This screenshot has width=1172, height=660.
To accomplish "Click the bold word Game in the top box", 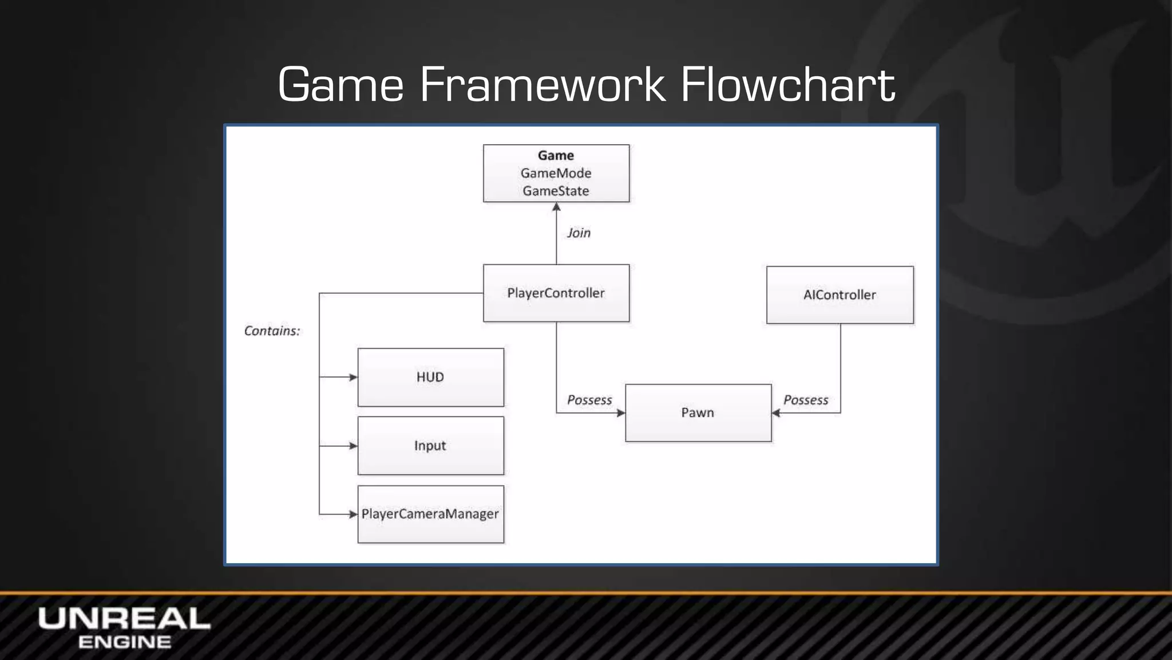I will [x=556, y=155].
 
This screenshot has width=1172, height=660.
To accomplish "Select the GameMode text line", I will [x=556, y=173].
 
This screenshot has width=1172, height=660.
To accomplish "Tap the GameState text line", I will [x=556, y=191].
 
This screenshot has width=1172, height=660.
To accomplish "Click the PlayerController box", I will [x=556, y=293].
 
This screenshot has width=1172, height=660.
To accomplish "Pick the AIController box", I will [x=840, y=294].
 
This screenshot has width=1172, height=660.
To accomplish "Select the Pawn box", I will [x=698, y=412].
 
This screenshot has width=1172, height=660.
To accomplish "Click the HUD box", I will [x=430, y=377].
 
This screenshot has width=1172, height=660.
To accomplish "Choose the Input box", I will [x=430, y=446].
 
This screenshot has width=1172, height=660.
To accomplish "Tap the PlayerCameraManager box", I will [x=430, y=514].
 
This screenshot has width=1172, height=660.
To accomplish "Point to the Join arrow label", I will [x=579, y=233].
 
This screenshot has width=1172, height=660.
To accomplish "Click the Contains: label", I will [x=272, y=331].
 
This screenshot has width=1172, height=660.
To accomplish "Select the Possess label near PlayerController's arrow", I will [x=589, y=400].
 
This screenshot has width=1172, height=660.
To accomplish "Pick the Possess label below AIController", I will [x=806, y=400].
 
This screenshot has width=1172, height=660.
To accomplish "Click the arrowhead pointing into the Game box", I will [x=556, y=207].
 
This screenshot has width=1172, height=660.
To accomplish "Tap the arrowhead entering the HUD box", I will [x=353, y=377].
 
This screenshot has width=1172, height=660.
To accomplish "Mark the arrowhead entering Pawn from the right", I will [x=776, y=413].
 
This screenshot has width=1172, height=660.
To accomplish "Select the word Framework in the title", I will [x=543, y=85].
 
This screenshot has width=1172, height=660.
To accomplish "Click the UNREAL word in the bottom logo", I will [x=124, y=619].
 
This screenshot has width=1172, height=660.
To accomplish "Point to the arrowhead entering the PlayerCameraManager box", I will [x=353, y=514].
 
